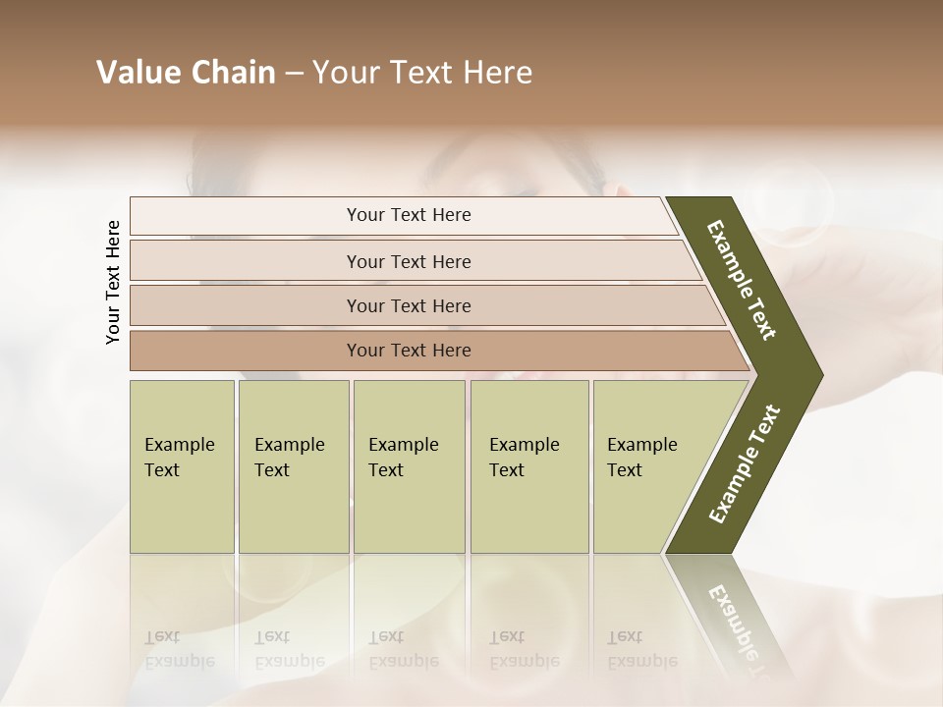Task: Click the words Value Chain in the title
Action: coord(186,73)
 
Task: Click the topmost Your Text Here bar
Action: coord(409,215)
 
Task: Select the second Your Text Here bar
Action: coord(409,261)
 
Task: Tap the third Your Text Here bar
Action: coord(409,305)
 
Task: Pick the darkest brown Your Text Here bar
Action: coord(409,351)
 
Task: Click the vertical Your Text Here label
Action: coord(113,282)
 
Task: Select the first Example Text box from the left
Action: coord(182,465)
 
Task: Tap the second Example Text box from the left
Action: coord(293,465)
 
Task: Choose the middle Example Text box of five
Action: coord(408,465)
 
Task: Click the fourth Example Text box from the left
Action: coord(528,465)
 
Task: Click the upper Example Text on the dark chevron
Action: coord(743,280)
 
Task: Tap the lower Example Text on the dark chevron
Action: coord(745,463)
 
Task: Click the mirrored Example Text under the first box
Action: coord(179,649)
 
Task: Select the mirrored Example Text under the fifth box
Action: coord(642,649)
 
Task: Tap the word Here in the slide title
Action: coord(497,73)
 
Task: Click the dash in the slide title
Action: coord(294,73)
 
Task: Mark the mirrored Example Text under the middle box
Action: coord(403,649)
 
